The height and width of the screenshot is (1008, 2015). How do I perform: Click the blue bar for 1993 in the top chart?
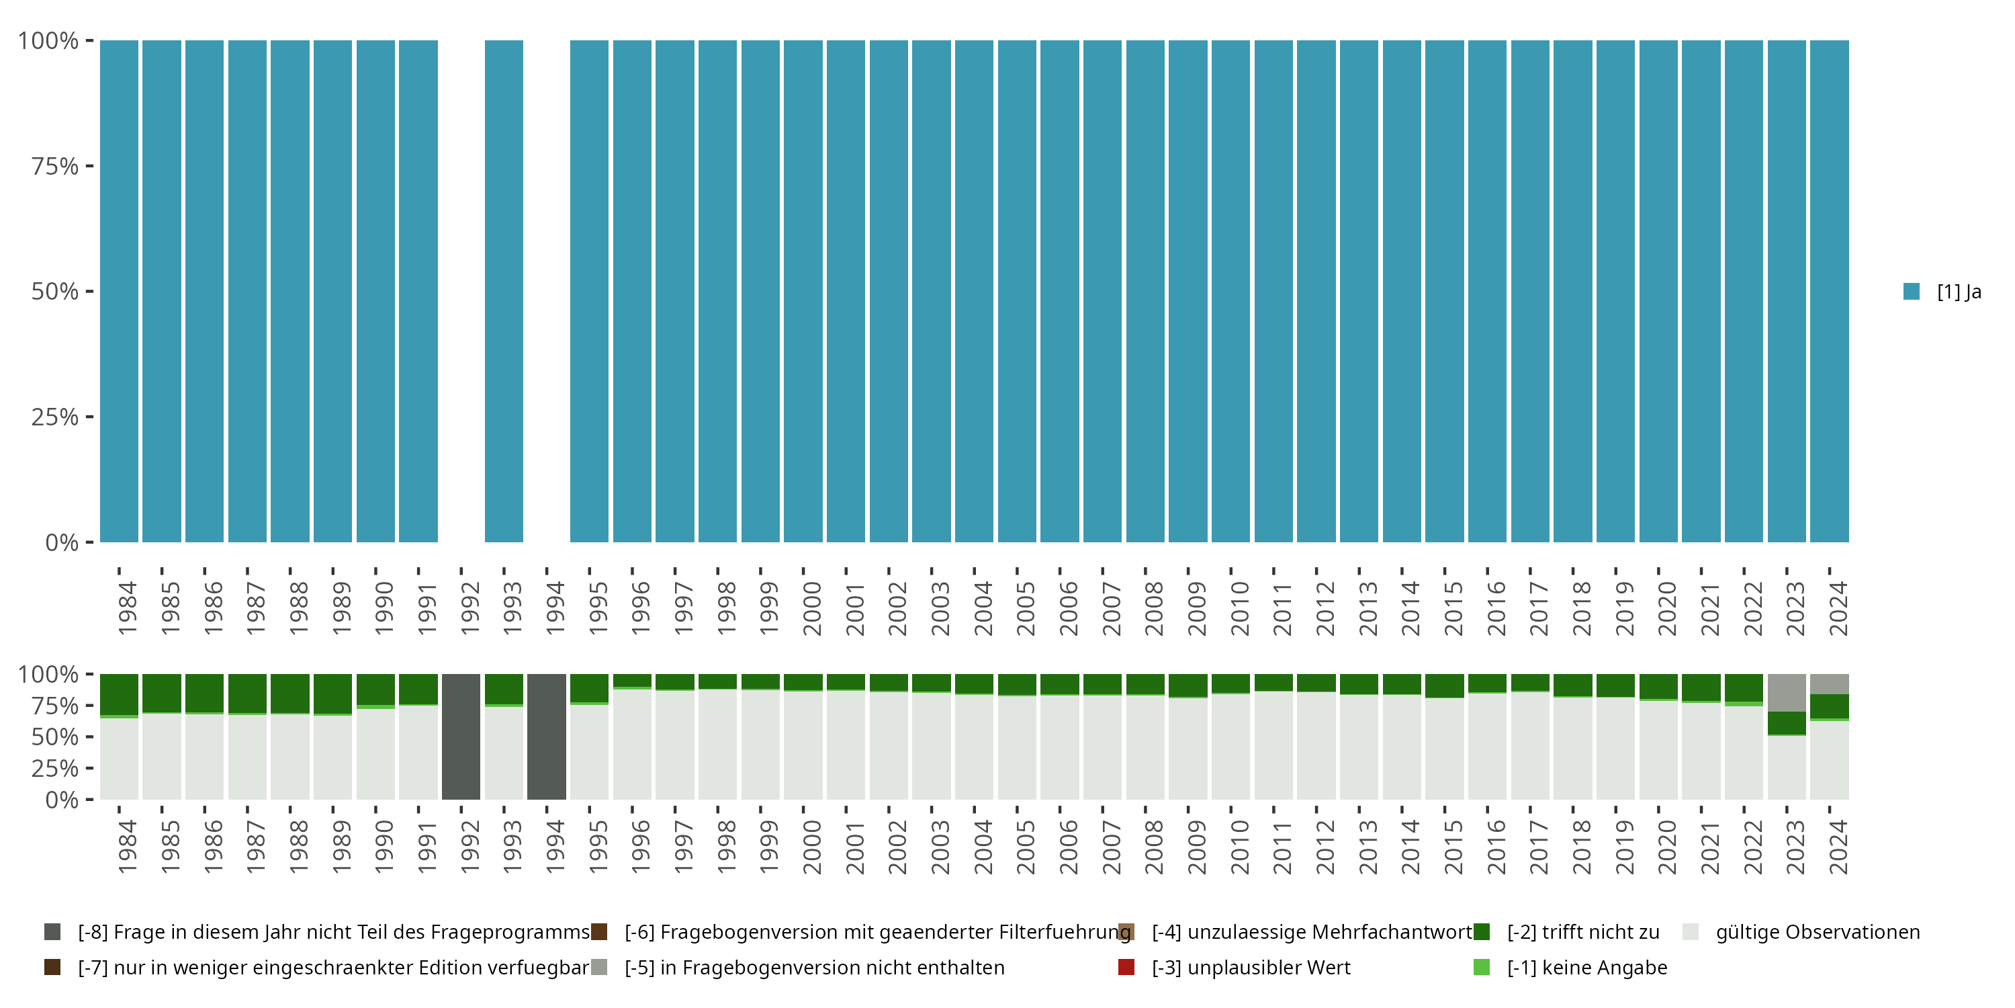(x=504, y=291)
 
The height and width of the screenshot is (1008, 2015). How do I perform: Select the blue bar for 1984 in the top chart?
(x=119, y=291)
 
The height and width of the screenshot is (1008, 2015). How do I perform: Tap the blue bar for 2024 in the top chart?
(x=1830, y=291)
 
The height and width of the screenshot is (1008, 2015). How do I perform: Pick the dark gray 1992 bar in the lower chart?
(x=461, y=737)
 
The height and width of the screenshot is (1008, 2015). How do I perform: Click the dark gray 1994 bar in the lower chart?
(x=546, y=737)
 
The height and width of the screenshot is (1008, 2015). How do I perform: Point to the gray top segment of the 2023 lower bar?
(x=1787, y=693)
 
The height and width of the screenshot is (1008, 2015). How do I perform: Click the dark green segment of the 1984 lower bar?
(x=119, y=694)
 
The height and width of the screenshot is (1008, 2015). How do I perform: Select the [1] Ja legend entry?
(x=1943, y=292)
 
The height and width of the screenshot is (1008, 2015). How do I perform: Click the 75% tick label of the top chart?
(x=55, y=166)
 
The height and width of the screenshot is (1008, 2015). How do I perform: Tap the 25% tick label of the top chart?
(x=55, y=417)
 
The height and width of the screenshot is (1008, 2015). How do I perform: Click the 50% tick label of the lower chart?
(x=55, y=737)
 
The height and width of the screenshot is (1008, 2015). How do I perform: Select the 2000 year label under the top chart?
(x=811, y=608)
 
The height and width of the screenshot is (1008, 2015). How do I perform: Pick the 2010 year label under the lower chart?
(x=1239, y=847)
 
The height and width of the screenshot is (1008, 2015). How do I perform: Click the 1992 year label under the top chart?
(x=469, y=608)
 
